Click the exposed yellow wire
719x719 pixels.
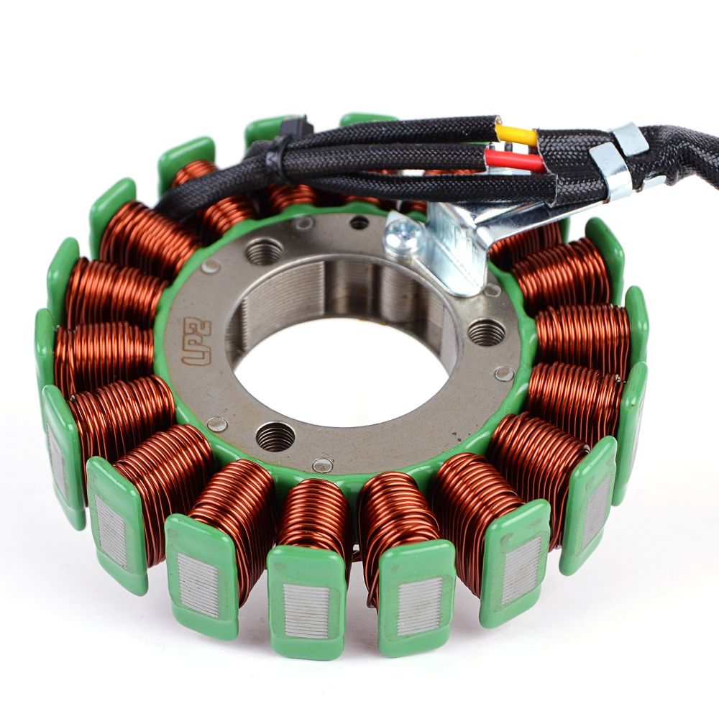(517, 136)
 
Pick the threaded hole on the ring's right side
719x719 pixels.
(487, 331)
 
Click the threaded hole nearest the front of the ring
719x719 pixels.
(275, 436)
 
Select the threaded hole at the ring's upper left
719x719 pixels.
(264, 251)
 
